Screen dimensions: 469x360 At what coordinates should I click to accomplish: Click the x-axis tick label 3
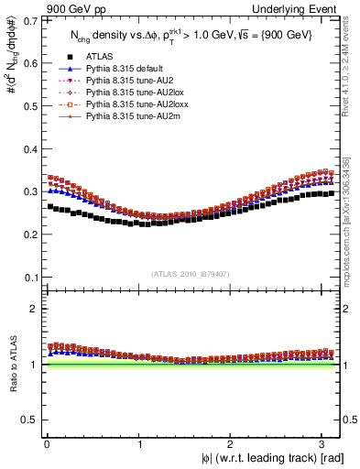(327, 443)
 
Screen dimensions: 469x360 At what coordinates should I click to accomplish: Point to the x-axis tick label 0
(46, 443)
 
